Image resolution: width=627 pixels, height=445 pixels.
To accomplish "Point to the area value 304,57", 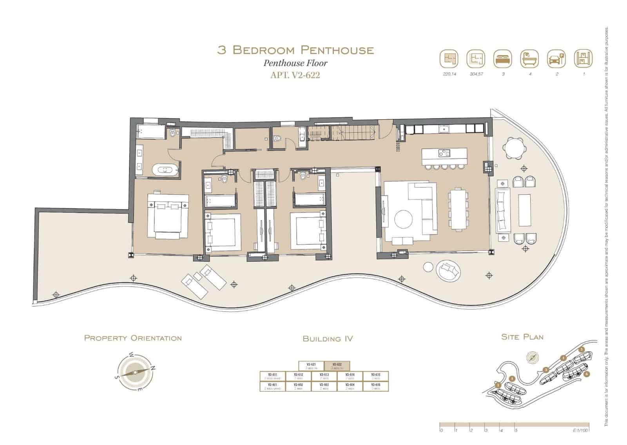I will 476,74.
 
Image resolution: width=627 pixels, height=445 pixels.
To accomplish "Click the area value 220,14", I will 449,74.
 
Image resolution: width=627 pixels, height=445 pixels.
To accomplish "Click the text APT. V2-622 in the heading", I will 295,75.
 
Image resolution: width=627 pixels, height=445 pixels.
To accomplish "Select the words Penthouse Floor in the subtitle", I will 295,63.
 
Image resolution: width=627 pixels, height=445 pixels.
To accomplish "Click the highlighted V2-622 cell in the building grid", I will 337,365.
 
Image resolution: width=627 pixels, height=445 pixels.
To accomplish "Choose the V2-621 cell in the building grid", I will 311,365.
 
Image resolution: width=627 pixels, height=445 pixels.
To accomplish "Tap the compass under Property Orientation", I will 135,372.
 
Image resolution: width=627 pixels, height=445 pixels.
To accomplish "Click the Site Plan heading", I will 522,337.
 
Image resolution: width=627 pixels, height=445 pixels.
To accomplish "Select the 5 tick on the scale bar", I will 516,430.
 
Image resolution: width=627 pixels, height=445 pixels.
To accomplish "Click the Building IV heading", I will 328,339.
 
